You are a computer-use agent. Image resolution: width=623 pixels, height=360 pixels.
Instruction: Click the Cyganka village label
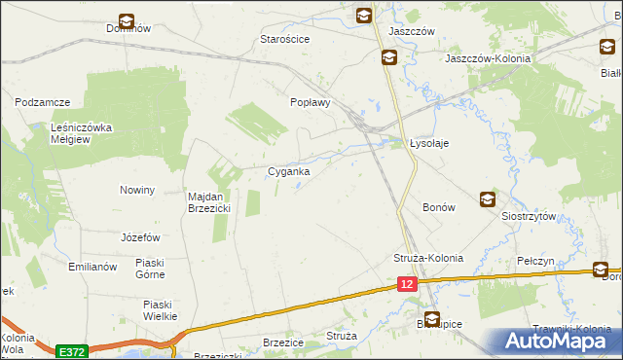coord(289,171)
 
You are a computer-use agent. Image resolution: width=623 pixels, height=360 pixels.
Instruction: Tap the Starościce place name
coord(284,39)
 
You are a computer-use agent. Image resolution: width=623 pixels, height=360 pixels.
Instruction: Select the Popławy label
coord(312,101)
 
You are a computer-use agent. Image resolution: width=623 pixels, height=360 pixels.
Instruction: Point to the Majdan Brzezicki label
coord(208,201)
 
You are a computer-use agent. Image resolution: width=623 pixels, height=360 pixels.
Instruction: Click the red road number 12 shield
coord(407,283)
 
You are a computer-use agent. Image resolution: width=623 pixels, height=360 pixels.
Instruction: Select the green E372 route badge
coord(70,350)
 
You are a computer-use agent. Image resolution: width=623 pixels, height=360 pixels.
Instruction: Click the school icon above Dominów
coord(128,19)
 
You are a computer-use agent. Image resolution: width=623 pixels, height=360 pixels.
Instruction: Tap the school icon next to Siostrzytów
coord(487,199)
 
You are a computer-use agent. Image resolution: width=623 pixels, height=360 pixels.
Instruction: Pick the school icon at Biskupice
coord(431,317)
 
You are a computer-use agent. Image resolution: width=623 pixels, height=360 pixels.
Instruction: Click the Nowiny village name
coord(137,190)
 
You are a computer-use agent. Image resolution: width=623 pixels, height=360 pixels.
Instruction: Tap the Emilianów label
coord(92,267)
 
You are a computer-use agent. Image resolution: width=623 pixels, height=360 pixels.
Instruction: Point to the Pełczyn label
coord(536,262)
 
